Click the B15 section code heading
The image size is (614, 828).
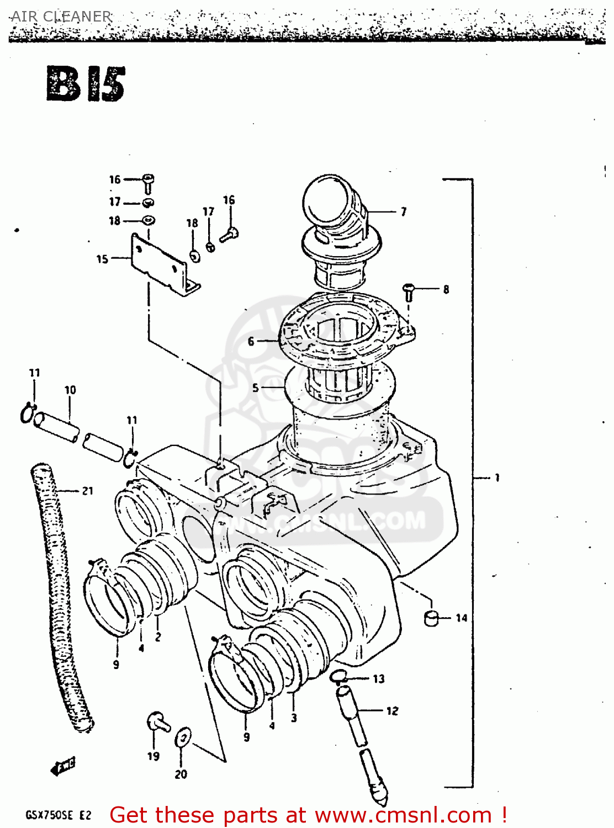86,84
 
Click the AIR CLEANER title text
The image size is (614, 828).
61,17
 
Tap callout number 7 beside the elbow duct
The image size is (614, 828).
404,211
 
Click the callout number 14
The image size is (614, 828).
462,618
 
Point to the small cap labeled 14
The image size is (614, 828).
431,618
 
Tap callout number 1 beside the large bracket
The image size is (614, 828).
497,477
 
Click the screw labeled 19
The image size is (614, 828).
156,723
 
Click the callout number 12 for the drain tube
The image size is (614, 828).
392,711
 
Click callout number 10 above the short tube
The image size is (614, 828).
70,390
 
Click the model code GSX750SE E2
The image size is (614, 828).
58,815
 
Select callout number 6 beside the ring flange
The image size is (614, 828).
251,342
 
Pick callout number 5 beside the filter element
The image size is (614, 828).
255,388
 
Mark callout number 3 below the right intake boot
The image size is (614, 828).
294,718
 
